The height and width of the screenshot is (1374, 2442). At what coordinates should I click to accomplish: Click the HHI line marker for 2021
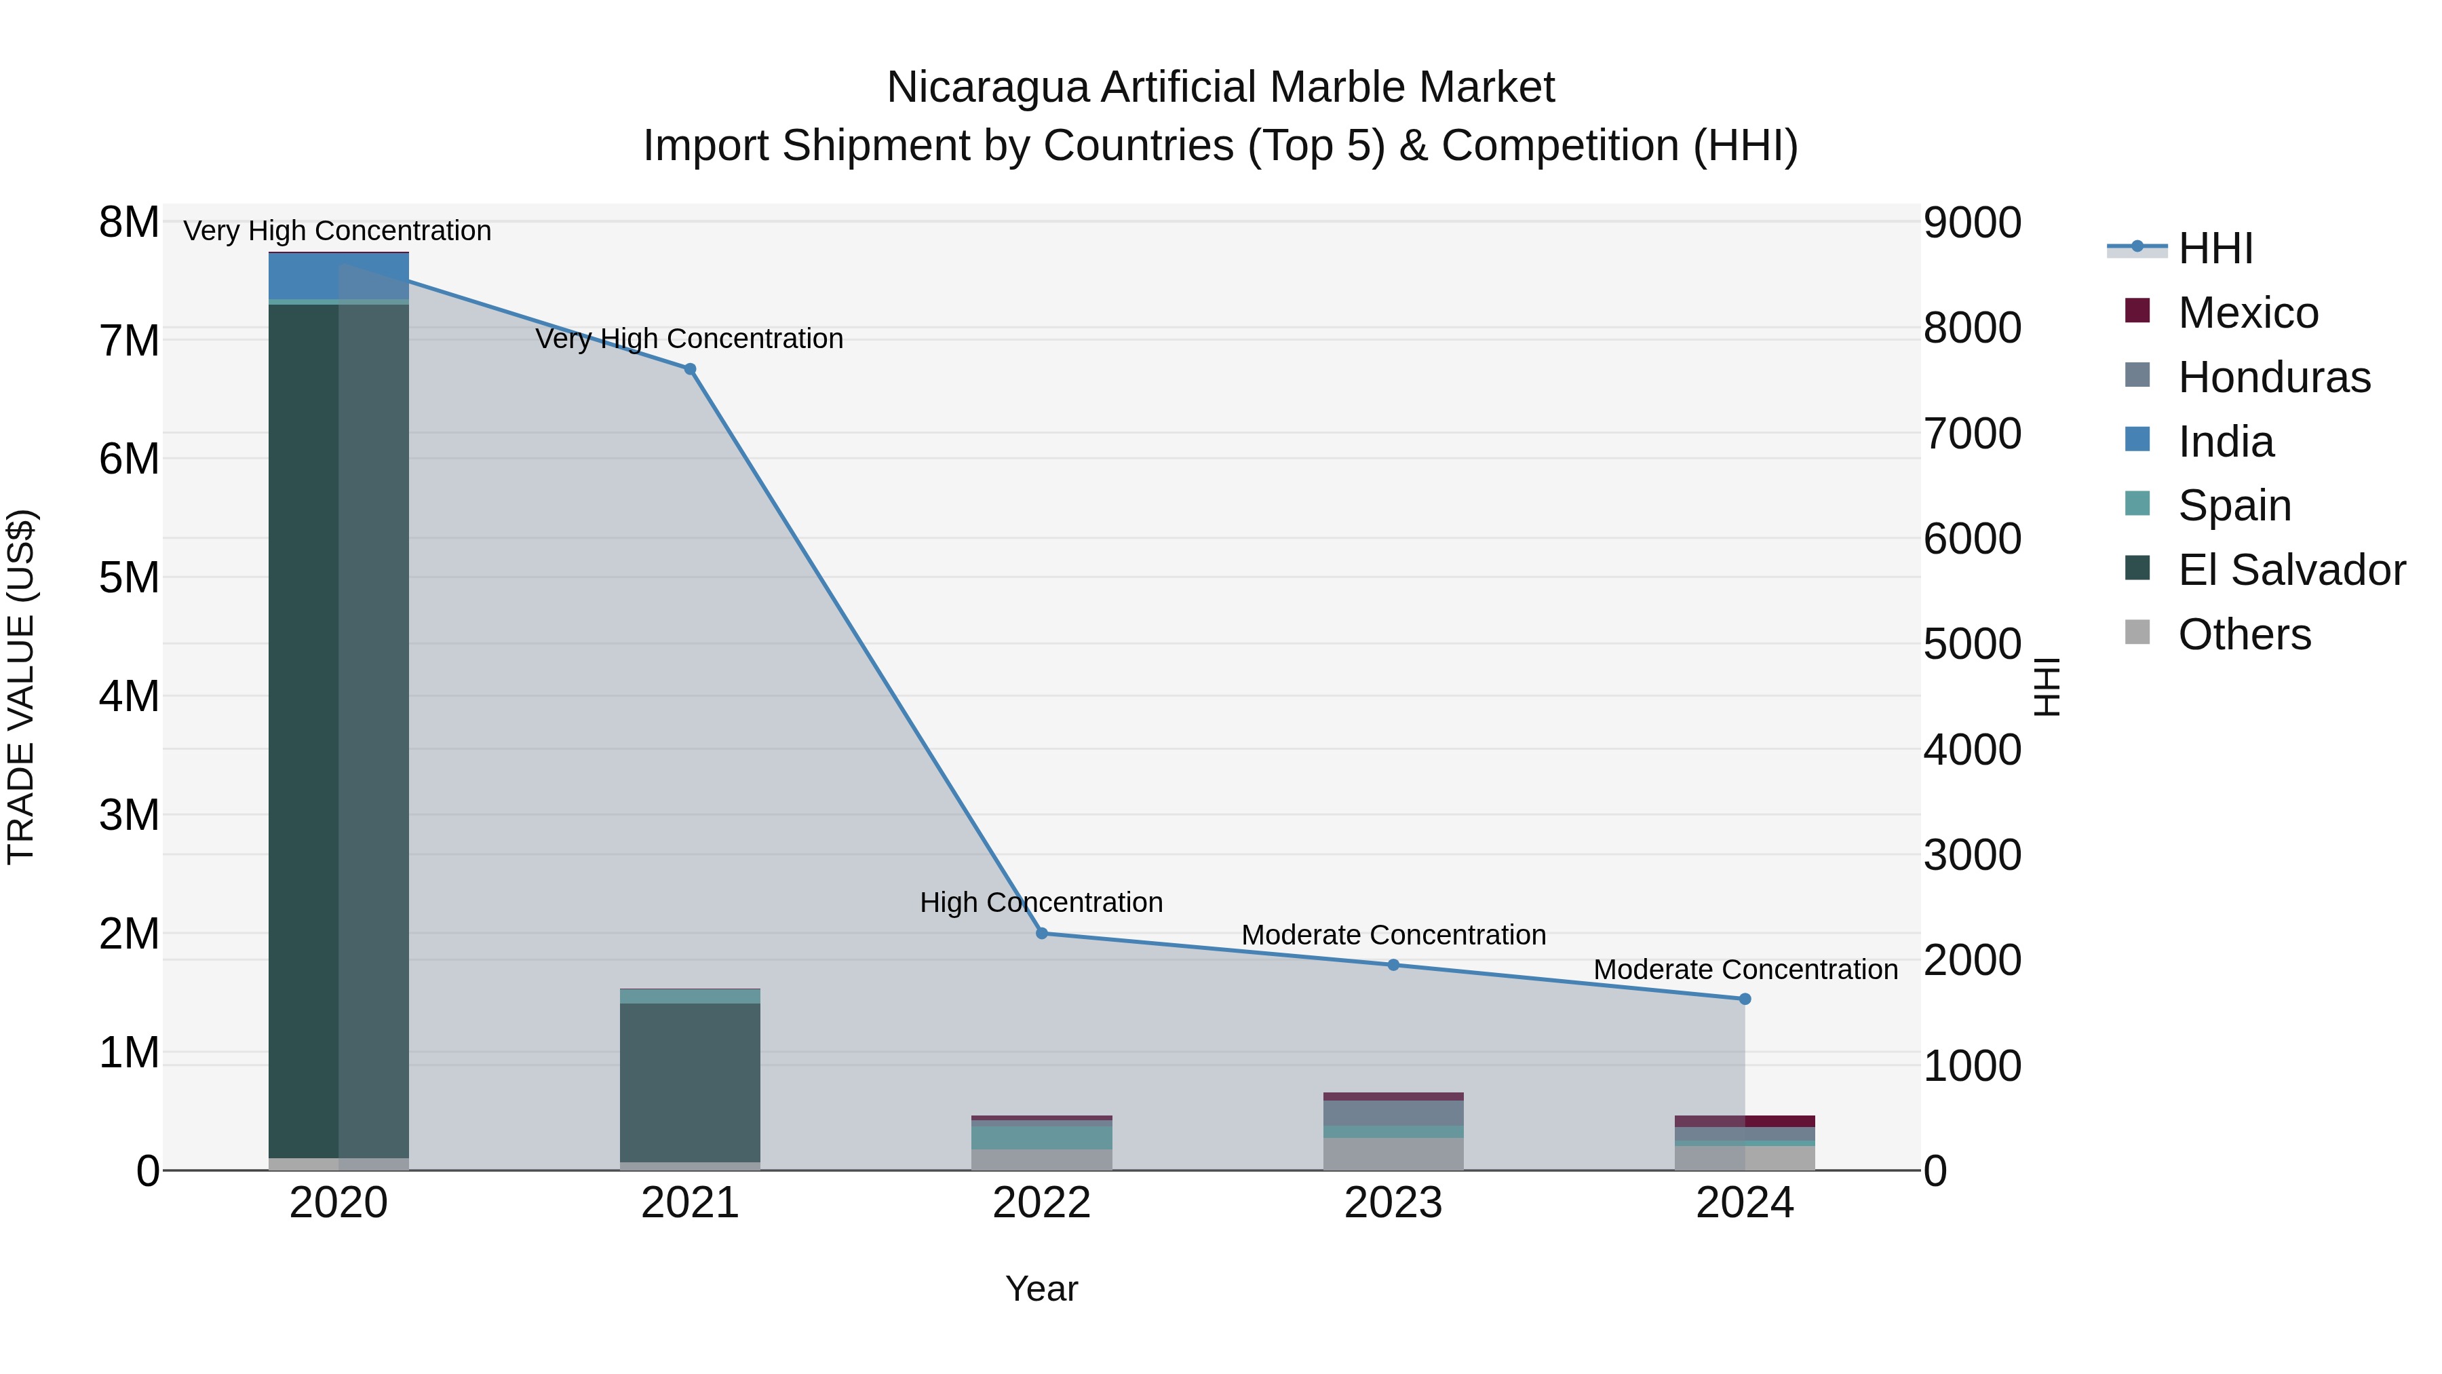[690, 370]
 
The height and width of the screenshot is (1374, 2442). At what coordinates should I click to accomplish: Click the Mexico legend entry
[2248, 313]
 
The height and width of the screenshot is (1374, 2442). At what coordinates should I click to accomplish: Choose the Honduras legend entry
[2273, 377]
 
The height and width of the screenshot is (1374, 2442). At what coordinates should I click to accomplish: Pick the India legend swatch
[2137, 440]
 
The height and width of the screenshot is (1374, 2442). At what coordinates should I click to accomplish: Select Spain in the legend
[2234, 505]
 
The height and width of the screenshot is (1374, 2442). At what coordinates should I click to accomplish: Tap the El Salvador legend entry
[2291, 570]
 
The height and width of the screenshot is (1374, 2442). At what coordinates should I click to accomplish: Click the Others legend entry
[2244, 634]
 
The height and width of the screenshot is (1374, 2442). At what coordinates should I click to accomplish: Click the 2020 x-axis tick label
[338, 1203]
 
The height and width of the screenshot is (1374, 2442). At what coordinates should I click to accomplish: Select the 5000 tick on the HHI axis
[1972, 645]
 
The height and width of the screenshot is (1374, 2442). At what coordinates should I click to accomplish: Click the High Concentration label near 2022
[1041, 902]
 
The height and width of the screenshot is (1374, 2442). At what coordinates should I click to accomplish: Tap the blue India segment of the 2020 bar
[338, 277]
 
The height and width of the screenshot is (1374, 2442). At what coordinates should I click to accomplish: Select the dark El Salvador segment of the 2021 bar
[690, 1081]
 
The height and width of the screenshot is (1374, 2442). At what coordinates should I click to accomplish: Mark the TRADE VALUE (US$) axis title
[21, 687]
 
